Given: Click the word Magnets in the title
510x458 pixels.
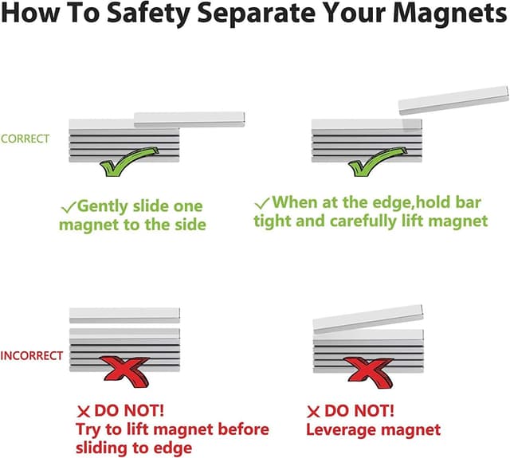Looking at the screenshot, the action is (x=449, y=13).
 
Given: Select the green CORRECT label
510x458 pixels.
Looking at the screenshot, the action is (x=25, y=139).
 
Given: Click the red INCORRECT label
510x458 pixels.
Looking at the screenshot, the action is (x=32, y=355).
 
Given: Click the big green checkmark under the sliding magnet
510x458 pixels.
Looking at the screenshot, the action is (x=129, y=161).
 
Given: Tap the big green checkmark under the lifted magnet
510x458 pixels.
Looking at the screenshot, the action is (x=377, y=161).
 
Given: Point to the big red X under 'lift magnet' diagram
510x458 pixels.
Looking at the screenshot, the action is (x=125, y=371).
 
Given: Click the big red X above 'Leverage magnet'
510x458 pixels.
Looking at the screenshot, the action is (x=369, y=372).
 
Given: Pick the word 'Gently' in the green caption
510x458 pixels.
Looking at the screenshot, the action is (x=103, y=207).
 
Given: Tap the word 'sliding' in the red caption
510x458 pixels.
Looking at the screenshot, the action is (x=103, y=448).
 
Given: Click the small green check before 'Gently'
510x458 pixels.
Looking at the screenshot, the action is (x=69, y=207).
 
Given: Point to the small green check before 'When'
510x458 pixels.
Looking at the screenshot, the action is (x=262, y=203).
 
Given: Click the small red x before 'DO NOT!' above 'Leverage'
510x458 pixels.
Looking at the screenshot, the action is (x=313, y=412).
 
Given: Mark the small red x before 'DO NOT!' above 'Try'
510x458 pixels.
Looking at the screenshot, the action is (x=83, y=412).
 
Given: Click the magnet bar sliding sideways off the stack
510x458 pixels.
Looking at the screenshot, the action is (x=190, y=119).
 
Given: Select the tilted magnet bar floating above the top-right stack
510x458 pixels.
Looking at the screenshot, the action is (x=453, y=100).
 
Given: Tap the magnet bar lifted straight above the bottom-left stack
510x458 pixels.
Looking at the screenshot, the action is (x=124, y=315).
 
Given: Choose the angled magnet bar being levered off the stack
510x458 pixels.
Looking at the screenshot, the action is (x=368, y=319).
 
